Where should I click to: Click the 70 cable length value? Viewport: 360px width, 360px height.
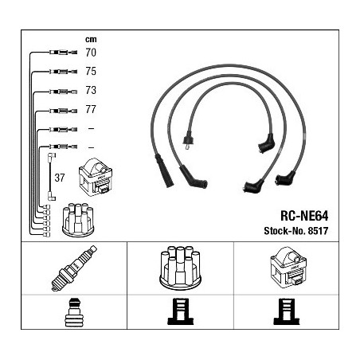coord(91,53)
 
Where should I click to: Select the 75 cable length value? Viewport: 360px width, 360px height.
coord(91,71)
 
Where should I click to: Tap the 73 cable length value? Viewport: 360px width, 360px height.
coord(91,90)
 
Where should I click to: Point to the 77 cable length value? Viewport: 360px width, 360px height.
coord(91,109)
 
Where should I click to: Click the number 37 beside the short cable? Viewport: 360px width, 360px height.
coord(60,178)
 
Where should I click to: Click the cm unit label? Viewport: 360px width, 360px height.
coord(91,39)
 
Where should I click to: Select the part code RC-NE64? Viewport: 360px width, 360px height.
coord(304,216)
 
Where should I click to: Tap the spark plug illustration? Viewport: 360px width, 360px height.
coord(74,268)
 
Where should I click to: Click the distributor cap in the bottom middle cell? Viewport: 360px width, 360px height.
coord(180,268)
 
